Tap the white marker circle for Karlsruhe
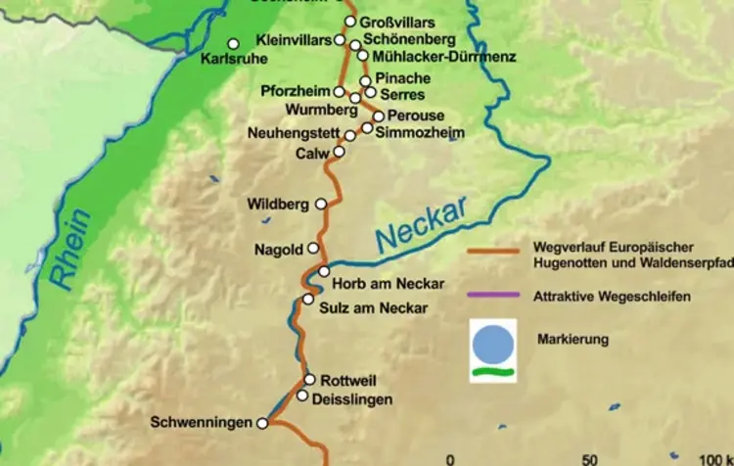[233, 43]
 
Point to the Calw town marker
[339, 152]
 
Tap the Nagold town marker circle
[313, 248]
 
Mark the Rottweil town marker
[309, 379]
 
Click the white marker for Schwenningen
[261, 423]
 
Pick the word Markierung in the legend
[573, 340]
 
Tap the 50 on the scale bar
[589, 458]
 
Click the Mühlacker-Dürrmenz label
[431, 57]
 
